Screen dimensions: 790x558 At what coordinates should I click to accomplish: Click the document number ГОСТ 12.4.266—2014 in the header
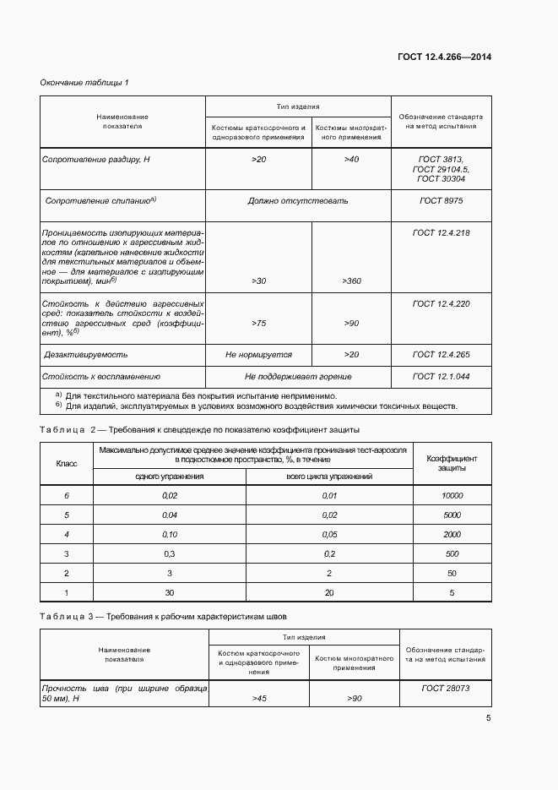point(444,57)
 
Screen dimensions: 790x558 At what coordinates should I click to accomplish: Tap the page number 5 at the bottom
point(488,718)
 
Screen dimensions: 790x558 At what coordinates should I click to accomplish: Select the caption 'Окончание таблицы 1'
point(84,82)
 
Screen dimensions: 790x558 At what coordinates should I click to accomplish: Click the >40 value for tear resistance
point(351,159)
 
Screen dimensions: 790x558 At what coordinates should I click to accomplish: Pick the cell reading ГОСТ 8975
point(441,201)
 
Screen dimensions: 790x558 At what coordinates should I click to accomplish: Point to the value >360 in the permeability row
point(351,281)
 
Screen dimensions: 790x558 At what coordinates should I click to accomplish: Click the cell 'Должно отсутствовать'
point(298,201)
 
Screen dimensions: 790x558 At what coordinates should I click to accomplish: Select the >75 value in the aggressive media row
point(259,323)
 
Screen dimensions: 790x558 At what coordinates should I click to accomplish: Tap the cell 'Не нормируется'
point(258,355)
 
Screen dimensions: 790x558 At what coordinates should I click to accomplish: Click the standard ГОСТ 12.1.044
point(441,376)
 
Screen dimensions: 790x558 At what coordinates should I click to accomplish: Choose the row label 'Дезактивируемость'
point(85,355)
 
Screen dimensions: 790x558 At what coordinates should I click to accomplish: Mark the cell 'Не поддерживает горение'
point(298,376)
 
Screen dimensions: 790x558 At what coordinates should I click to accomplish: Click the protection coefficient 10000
point(452,495)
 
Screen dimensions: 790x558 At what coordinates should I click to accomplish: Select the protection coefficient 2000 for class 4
point(452,535)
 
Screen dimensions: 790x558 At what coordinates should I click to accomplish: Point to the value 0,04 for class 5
point(170,515)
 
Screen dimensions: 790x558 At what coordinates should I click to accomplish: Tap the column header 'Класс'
point(67,463)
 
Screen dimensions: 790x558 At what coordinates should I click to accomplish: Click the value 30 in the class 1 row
point(170,593)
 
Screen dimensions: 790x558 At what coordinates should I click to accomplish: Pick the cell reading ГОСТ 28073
point(444,689)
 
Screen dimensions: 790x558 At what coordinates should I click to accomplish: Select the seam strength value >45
point(259,699)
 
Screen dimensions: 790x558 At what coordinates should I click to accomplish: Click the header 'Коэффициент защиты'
point(452,462)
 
